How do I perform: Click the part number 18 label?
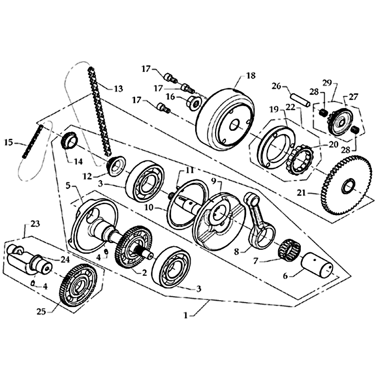coord(251,75)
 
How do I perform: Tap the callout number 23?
coord(35,223)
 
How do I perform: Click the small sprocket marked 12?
coord(114,165)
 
